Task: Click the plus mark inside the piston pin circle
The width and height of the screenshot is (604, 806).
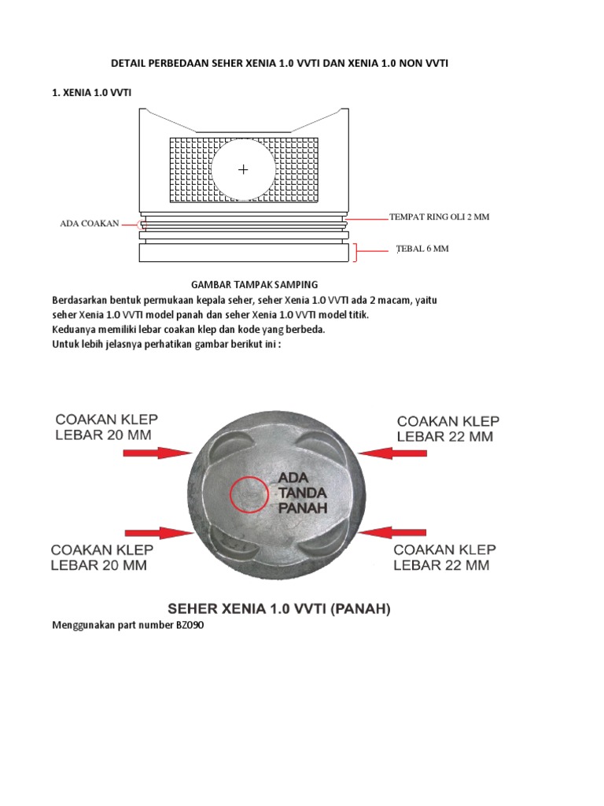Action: (x=243, y=169)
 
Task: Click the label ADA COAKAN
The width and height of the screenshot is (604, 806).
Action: (x=90, y=224)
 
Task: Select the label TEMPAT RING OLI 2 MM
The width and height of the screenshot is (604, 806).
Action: (x=439, y=216)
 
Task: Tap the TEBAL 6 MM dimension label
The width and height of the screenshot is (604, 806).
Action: (x=422, y=249)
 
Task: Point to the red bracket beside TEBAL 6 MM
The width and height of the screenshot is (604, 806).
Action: (x=356, y=252)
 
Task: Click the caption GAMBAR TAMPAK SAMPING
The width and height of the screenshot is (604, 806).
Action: (x=255, y=284)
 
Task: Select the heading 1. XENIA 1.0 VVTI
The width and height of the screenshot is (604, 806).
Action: (x=91, y=93)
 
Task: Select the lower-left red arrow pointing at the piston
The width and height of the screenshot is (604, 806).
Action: (x=166, y=532)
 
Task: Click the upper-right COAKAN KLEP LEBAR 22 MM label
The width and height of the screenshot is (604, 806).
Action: (x=447, y=428)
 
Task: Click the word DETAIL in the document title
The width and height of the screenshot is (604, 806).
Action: (x=127, y=64)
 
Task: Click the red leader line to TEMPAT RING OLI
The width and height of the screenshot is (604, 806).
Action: (x=365, y=218)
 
